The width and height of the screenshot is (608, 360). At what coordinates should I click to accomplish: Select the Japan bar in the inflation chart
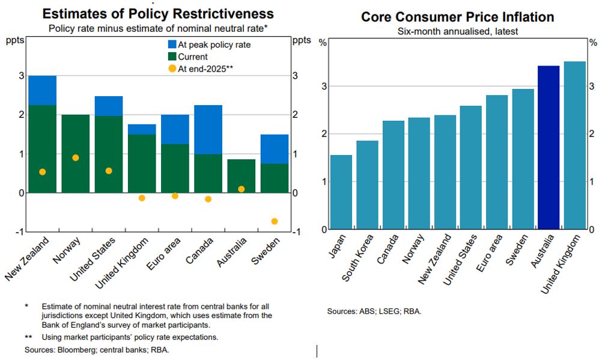pos(341,192)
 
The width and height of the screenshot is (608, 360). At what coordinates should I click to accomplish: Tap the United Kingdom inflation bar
pos(574,145)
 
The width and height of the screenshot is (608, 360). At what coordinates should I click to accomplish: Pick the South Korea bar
pos(367,185)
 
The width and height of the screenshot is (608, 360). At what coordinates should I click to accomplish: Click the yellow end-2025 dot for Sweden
pos(275,221)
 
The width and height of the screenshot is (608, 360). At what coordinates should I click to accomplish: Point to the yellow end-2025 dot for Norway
pos(76,157)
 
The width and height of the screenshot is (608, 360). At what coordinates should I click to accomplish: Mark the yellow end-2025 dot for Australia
pos(241,189)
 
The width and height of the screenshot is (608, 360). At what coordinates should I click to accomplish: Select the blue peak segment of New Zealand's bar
pos(42,90)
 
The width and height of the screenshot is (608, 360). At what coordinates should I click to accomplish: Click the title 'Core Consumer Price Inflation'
pos(457,17)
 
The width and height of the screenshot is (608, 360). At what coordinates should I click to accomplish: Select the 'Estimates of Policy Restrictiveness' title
pos(158,14)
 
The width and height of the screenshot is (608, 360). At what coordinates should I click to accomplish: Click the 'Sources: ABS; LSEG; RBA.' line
pos(374,311)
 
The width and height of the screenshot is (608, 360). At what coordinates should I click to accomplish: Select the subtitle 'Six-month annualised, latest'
pos(457,31)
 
